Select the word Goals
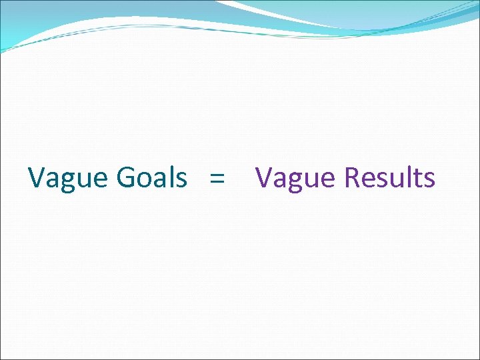[x=152, y=178]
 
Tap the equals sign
[x=216, y=179]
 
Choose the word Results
[x=390, y=178]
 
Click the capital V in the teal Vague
[x=37, y=178]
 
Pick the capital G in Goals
[x=127, y=178]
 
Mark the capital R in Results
[x=353, y=178]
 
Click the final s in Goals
[x=181, y=179]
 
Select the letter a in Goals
[x=161, y=179]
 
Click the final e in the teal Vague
[x=101, y=179]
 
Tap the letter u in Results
[x=399, y=179]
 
